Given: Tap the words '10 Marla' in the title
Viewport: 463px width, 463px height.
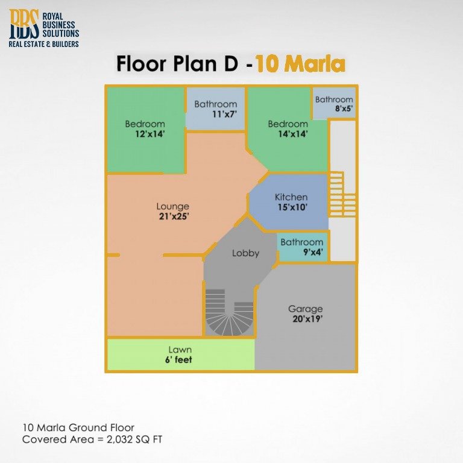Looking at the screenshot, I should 300,64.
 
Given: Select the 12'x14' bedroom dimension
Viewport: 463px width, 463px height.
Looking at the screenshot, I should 145,134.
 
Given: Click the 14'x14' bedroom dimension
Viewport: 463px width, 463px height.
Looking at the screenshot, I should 288,134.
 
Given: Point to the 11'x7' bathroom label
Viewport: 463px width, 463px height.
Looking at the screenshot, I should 215,104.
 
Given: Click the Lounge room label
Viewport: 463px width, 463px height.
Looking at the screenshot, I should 172,207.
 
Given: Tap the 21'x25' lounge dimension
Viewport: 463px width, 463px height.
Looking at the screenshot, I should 172,216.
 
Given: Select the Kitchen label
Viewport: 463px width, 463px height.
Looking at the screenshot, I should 291,197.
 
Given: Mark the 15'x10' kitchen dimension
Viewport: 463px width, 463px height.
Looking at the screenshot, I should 291,207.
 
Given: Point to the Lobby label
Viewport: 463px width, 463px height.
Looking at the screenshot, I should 245,253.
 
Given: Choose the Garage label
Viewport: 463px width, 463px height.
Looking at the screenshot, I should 305,309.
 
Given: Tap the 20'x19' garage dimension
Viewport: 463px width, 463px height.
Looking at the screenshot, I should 305,319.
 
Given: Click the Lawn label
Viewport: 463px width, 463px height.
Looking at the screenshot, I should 180,350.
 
